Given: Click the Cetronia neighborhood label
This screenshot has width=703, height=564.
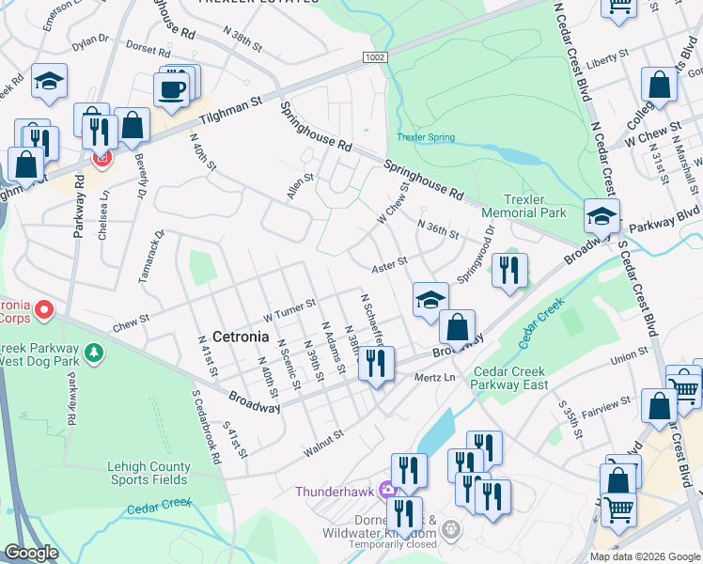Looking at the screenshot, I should point(242,336).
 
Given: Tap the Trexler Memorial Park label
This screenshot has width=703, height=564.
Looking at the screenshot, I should point(536,207).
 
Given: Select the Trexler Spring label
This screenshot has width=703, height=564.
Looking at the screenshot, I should point(426,137).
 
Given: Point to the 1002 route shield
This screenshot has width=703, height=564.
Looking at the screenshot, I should point(374,58).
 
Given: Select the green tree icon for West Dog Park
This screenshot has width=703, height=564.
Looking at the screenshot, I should point(93,353).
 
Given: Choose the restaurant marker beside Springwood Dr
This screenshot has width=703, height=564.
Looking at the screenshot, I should point(509,271).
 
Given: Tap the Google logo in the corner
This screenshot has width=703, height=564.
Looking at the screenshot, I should point(31,553).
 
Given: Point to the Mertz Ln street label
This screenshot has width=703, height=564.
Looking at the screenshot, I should point(434,377).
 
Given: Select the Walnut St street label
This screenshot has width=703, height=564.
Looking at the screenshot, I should point(323,444).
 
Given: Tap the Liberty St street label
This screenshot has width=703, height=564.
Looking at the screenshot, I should point(605,62).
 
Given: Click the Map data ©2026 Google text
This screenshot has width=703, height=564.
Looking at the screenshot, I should point(644,556).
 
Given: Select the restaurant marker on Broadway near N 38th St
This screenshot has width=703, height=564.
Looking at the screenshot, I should point(378,363).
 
